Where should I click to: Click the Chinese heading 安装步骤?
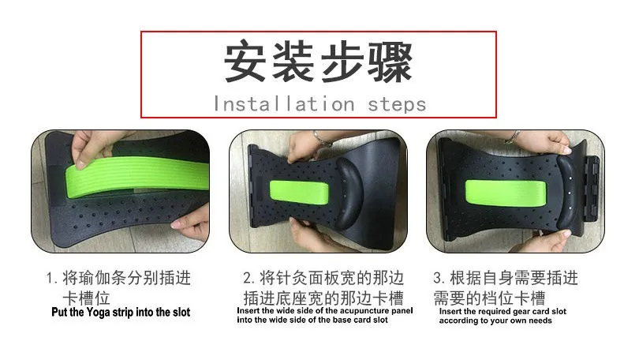tap(318, 62)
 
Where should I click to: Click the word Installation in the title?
tap(284, 104)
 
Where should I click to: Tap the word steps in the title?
tap(397, 105)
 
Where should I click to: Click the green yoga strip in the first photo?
tap(137, 177)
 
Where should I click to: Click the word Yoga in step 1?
tap(99, 313)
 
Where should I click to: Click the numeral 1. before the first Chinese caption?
tap(52, 278)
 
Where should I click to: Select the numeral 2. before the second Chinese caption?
tap(249, 278)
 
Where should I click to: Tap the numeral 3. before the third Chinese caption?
tap(439, 278)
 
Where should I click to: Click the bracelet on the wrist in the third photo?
tap(513, 137)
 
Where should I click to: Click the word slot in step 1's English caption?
tap(181, 313)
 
